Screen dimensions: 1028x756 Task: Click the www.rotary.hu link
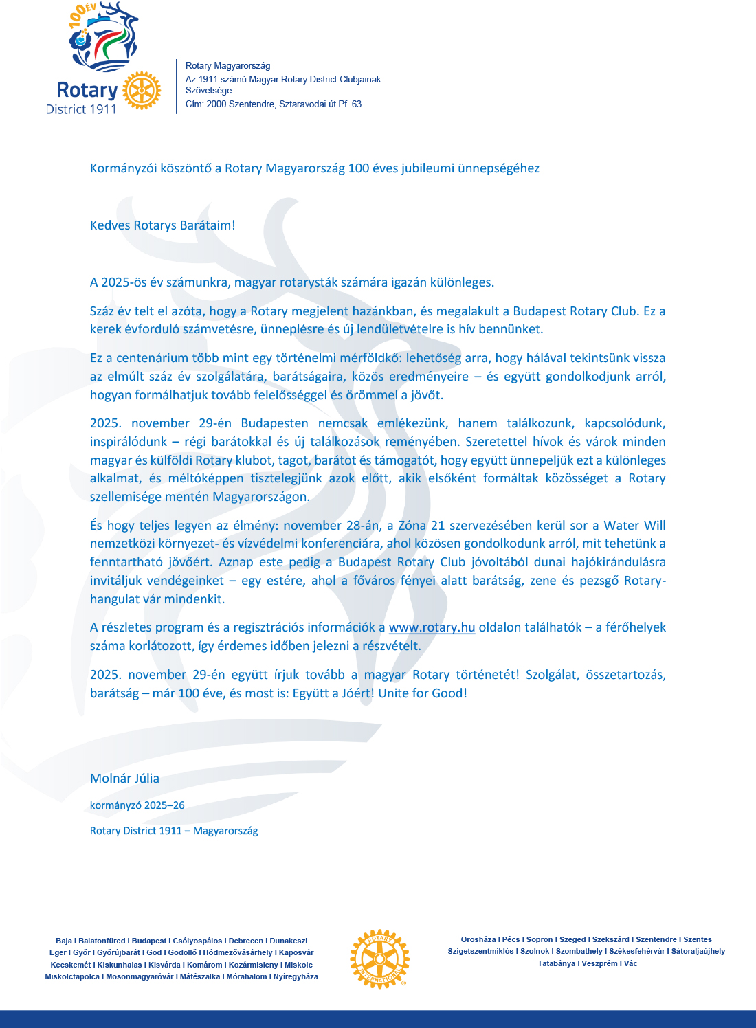(432, 627)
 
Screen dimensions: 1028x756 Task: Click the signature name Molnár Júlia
(124, 779)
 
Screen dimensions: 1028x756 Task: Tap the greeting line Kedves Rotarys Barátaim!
(163, 225)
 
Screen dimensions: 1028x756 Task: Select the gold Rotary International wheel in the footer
(379, 959)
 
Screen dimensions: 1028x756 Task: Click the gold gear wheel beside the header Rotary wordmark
(142, 90)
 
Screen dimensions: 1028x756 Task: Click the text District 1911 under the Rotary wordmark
(81, 109)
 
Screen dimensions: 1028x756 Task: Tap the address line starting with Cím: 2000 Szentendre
(274, 104)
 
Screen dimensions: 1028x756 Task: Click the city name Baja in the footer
(64, 941)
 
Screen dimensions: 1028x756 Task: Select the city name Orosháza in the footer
(478, 939)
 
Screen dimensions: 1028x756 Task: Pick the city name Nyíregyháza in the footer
(296, 976)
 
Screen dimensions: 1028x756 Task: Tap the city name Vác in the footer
(630, 963)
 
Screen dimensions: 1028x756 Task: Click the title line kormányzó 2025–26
(137, 805)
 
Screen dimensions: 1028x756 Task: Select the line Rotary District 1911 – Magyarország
(174, 831)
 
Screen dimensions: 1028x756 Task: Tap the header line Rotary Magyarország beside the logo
(227, 66)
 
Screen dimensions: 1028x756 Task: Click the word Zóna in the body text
(412, 526)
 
